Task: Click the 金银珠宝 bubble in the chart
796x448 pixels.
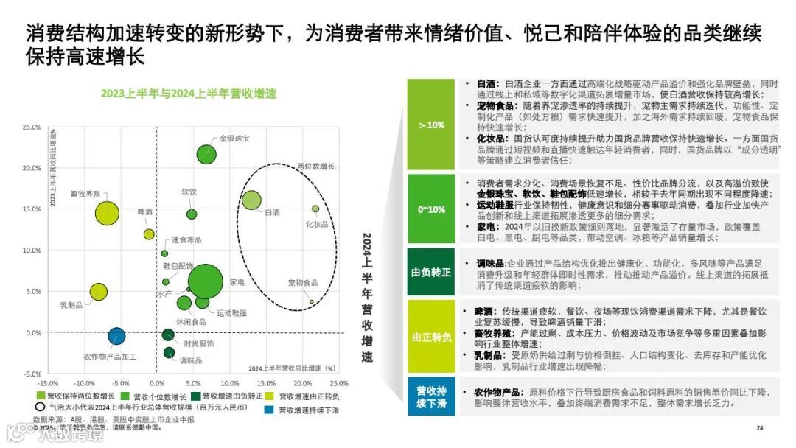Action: [206, 154]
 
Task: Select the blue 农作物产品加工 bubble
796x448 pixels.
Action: [116, 336]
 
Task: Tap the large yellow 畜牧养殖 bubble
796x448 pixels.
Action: [107, 213]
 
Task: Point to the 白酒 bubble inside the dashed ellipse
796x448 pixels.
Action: [252, 200]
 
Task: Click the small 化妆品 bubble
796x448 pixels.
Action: [315, 209]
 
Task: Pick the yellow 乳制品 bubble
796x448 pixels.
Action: [98, 292]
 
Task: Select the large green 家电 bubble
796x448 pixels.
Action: [205, 281]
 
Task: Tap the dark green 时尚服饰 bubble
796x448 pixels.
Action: [168, 335]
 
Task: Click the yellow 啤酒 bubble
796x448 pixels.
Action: [149, 234]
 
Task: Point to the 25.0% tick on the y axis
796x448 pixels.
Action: [30, 127]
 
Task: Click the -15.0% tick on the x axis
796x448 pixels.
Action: [48, 383]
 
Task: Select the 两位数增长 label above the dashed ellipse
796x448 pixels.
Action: [315, 167]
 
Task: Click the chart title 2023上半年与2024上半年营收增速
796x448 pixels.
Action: [189, 93]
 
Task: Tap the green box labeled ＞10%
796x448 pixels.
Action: [431, 125]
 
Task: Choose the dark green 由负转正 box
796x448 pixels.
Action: [431, 272]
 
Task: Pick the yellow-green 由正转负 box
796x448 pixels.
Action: [431, 337]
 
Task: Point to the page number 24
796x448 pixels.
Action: [759, 428]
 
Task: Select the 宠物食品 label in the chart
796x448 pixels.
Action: [303, 283]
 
